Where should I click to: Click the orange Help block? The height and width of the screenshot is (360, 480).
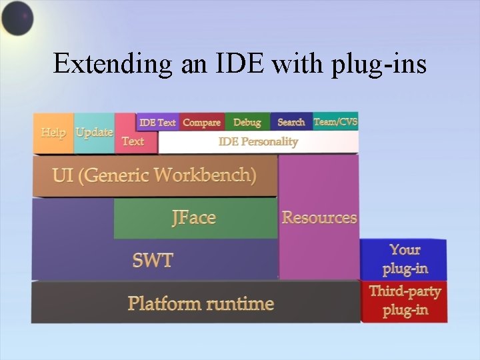[x=53, y=133]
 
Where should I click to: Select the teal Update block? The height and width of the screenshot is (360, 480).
[x=94, y=133]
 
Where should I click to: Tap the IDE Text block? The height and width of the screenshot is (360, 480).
[x=157, y=122]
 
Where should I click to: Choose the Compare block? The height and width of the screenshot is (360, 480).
[x=201, y=122]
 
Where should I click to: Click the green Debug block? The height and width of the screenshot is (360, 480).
[x=247, y=122]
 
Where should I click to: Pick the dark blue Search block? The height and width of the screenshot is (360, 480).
[x=291, y=122]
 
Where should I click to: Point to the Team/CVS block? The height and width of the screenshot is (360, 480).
[x=336, y=121]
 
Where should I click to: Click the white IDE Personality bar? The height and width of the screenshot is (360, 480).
[x=258, y=141]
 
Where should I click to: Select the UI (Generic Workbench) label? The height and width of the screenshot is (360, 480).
[x=154, y=175]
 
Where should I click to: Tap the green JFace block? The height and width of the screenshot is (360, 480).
[x=194, y=218]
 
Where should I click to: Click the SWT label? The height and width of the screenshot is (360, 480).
[x=153, y=260]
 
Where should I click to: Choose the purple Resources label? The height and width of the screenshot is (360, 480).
[x=319, y=217]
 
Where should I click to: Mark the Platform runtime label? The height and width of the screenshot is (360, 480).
[x=201, y=304]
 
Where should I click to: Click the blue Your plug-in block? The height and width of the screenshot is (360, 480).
[x=405, y=259]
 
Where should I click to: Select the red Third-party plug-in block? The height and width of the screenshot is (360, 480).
[x=405, y=301]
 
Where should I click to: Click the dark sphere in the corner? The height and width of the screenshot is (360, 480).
[x=17, y=17]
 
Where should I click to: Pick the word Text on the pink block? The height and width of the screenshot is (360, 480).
[x=133, y=141]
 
